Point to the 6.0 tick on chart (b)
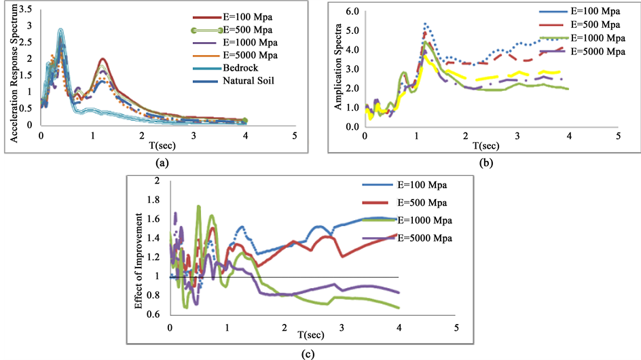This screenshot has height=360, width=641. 352,12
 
